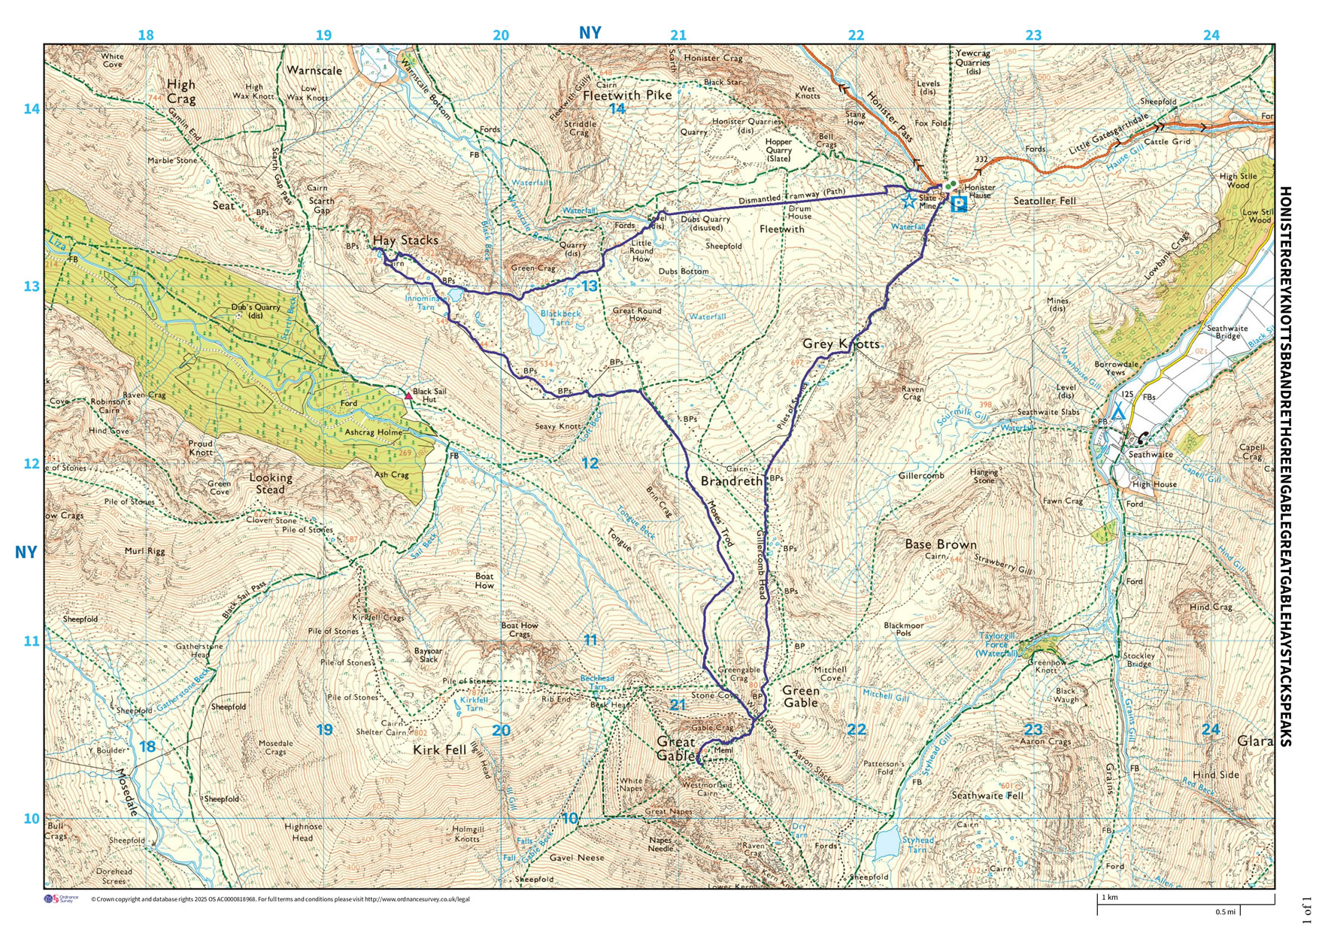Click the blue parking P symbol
[x=959, y=204]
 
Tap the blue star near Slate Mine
[x=908, y=201]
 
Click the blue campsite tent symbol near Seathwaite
[x=1117, y=411]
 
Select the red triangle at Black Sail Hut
[x=408, y=395]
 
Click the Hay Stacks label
[x=405, y=241]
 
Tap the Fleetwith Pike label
[x=627, y=95]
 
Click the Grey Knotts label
[x=841, y=344]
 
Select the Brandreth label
[x=732, y=480]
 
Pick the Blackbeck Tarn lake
[x=535, y=323]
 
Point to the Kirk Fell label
[x=440, y=750]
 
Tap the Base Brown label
[x=940, y=544]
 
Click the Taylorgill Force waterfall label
[x=997, y=644]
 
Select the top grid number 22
[x=856, y=35]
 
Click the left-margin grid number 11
[x=31, y=641]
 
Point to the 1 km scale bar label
[x=1110, y=898]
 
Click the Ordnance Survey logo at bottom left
[x=61, y=899]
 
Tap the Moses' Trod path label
[x=720, y=523]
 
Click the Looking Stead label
[x=271, y=483]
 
